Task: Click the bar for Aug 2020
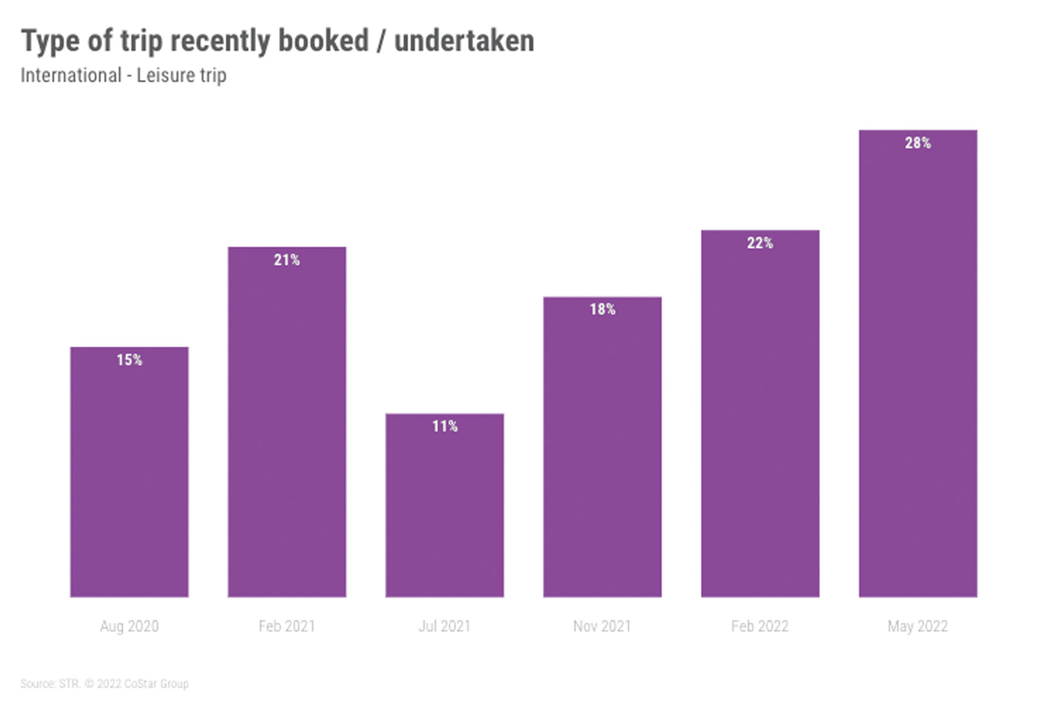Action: click(129, 474)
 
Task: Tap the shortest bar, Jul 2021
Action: click(445, 509)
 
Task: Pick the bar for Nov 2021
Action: click(602, 451)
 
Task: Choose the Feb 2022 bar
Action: click(760, 416)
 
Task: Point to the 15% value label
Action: click(129, 359)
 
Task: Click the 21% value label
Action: click(287, 260)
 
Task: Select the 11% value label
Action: click(445, 426)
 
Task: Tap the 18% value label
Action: click(602, 309)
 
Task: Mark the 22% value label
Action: click(760, 243)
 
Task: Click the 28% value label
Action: click(918, 143)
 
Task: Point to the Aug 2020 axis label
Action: click(129, 626)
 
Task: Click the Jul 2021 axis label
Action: click(445, 626)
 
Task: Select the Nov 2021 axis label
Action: click(602, 626)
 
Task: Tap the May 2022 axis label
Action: click(918, 626)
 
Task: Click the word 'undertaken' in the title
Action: click(464, 41)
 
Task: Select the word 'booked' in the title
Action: click(323, 41)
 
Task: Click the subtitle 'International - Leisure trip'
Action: click(124, 76)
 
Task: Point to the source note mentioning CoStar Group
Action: click(105, 683)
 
